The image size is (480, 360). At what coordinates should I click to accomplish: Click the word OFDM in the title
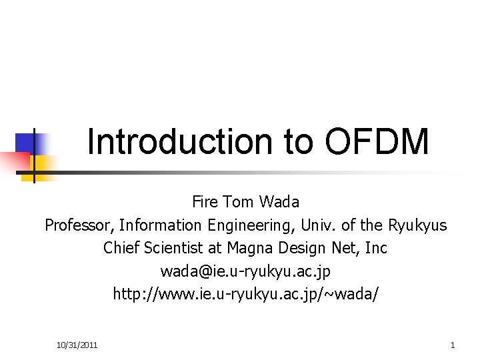coord(377,141)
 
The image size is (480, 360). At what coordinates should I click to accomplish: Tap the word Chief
coord(120,249)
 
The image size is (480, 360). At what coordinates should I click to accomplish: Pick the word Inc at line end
coord(376,249)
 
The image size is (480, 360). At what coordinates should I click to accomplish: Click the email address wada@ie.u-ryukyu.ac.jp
coord(245,272)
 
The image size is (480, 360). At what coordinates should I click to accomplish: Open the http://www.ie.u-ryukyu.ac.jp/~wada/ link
coord(245,295)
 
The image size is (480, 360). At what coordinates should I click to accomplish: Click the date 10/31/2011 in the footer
coord(77,345)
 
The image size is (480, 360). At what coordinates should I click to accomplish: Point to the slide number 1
coord(453,345)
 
